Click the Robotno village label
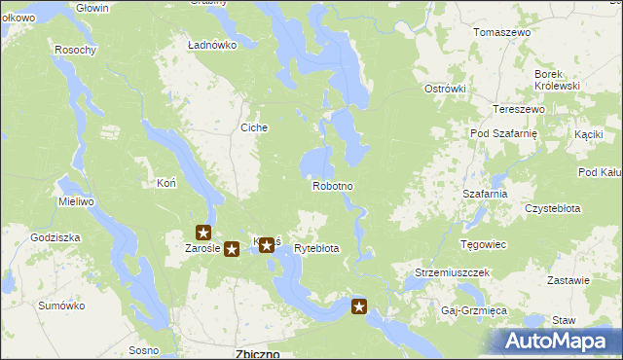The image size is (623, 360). (x=332, y=185)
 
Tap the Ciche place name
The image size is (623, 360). (x=254, y=127)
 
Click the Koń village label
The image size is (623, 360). (x=165, y=183)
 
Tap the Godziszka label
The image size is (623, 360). (x=55, y=237)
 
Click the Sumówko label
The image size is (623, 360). (x=56, y=306)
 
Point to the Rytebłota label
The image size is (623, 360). (x=316, y=249)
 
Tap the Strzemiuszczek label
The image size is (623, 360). (x=452, y=273)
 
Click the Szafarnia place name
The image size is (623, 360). (x=486, y=194)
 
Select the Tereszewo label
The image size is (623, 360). (x=518, y=109)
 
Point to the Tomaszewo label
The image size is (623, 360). (x=501, y=32)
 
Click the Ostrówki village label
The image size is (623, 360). (x=445, y=89)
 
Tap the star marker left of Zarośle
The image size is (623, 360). (x=203, y=233)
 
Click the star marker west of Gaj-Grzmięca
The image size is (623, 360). (x=359, y=308)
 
